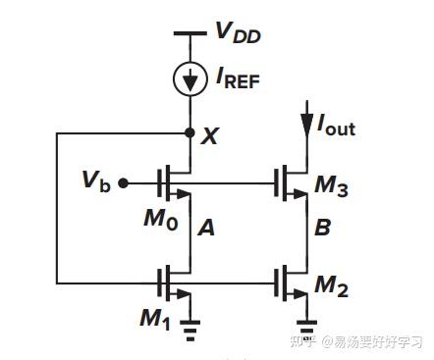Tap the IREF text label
(238, 81)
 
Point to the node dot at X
(190, 132)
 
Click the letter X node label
(209, 136)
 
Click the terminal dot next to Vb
(123, 182)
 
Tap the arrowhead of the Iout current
(303, 126)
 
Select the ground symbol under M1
(190, 331)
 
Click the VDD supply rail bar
(190, 35)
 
